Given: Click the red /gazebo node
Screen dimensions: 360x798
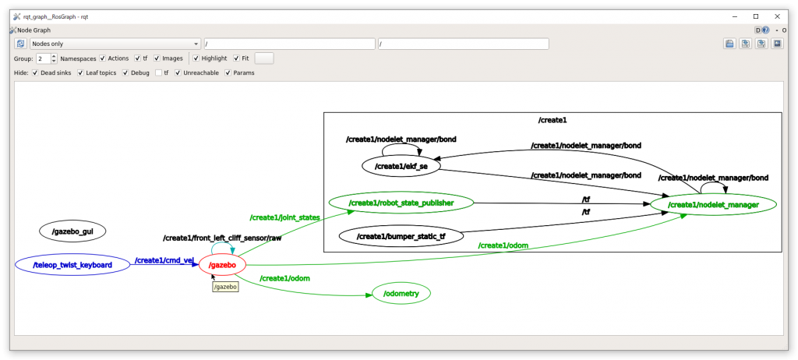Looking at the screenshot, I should pos(223,265).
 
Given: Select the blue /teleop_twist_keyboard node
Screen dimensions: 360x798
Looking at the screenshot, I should pos(72,265).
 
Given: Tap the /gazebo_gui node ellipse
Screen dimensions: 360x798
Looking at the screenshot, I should pos(72,231).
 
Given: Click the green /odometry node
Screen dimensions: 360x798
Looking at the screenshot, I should pos(401,293).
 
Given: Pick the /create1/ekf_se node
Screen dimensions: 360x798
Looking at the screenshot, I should pos(401,166).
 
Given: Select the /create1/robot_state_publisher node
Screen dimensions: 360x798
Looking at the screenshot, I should pos(401,203).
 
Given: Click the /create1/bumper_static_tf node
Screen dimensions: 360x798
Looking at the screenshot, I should pos(401,235).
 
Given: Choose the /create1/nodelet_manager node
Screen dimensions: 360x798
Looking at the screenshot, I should pos(713,204).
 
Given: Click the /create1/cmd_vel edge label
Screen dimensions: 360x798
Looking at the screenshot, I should pos(164,260).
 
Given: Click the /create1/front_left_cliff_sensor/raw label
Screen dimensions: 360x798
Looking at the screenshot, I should pos(221,238).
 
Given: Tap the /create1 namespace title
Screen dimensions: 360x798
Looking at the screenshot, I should pos(552,120).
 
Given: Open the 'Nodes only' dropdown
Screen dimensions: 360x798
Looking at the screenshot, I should pos(115,44).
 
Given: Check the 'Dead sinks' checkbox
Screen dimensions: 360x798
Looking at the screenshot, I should pos(35,72).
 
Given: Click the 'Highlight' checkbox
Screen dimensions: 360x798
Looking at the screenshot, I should pos(196,58).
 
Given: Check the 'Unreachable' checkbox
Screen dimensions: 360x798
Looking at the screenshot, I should pos(178,72).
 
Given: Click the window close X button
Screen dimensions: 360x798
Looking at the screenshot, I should pos(777,16).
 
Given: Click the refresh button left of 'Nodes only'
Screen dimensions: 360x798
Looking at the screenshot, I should pos(21,44).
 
